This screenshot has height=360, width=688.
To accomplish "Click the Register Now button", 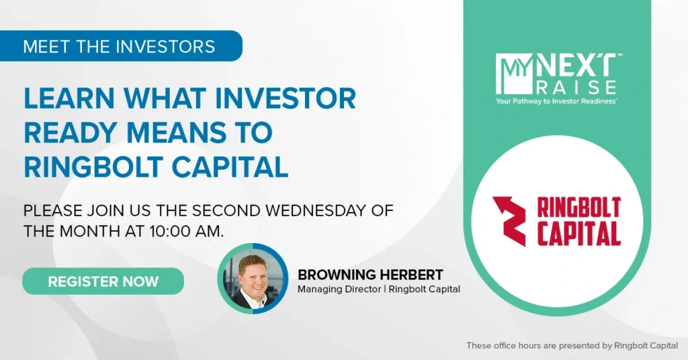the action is click(x=103, y=281).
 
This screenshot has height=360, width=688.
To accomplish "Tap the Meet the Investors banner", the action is click(x=121, y=46).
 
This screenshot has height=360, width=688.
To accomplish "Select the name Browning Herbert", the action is click(x=370, y=275).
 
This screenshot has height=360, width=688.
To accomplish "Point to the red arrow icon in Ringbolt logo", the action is click(x=509, y=221).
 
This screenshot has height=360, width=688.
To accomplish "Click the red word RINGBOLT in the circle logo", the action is click(x=578, y=208).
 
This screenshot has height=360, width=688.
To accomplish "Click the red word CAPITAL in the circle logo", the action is click(x=578, y=234).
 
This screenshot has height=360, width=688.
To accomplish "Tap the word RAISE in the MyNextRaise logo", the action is click(x=576, y=87).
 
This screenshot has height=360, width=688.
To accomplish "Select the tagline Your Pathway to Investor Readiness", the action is click(x=556, y=101).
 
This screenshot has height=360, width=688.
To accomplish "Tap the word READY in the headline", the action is click(x=70, y=132).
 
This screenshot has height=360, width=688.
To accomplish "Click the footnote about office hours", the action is click(x=572, y=345).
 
